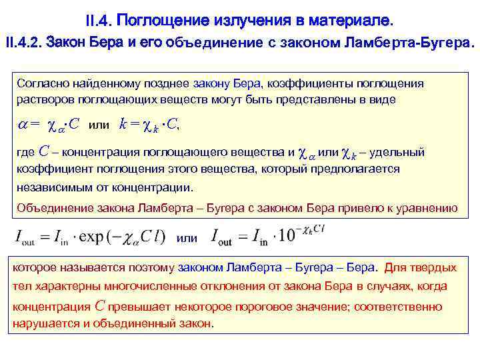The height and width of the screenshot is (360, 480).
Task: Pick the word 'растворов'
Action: point(41,99)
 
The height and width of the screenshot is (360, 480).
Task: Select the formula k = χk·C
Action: point(149,124)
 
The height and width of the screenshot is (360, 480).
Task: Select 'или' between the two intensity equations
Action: point(187,238)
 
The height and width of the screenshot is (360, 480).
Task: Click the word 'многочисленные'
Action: point(143,287)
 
